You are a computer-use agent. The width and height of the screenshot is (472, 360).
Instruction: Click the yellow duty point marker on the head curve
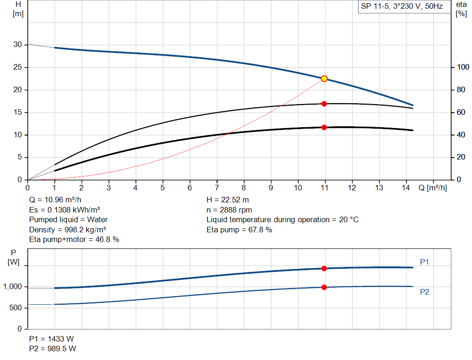tap(324, 79)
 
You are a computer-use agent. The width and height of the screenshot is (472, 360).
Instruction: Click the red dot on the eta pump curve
tap(324, 104)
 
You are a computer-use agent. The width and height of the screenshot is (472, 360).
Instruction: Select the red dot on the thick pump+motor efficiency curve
tap(324, 127)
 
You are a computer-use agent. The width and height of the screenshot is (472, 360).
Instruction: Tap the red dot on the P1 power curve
tap(324, 268)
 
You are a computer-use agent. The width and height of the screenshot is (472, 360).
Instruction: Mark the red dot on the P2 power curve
tap(324, 287)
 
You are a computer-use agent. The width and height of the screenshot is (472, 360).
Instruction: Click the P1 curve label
tap(425, 262)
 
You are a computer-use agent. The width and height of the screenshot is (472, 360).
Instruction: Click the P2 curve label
tap(425, 292)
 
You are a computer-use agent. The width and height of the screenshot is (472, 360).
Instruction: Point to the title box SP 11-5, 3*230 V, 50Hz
tap(402, 6)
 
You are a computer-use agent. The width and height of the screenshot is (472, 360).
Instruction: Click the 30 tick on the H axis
tap(18, 45)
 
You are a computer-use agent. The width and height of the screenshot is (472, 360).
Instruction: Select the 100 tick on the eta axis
tap(462, 68)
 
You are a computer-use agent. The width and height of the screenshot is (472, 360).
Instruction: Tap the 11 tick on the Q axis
tap(324, 188)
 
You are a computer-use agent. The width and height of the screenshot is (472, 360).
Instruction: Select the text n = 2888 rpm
tap(230, 210)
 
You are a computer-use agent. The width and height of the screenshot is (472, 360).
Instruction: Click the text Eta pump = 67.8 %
tap(239, 230)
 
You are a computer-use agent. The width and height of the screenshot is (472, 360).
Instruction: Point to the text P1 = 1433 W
tap(51, 339)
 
